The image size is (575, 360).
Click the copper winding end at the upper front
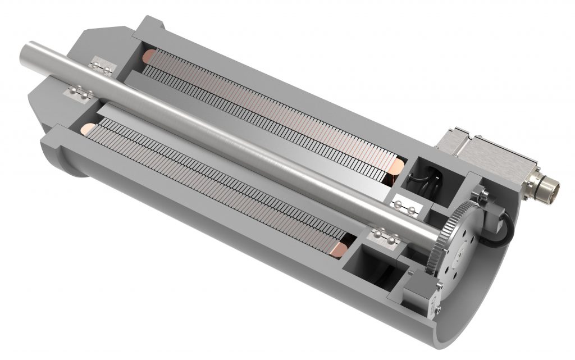pos(150,56)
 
